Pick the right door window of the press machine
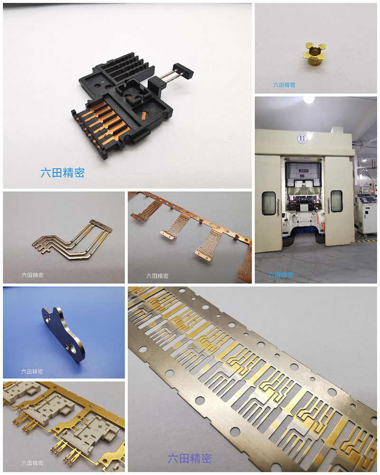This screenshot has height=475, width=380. (x=336, y=201)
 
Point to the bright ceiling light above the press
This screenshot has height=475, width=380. (x=309, y=100)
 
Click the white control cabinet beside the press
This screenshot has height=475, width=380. (x=367, y=214)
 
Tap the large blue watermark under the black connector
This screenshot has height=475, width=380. (x=63, y=172)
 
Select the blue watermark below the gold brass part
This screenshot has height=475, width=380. (x=284, y=85)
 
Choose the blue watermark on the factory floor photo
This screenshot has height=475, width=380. (x=280, y=275)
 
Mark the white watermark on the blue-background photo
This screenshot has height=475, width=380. (x=32, y=371)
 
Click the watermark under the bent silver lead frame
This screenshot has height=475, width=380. (x=32, y=275)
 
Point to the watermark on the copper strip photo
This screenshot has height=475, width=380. (x=157, y=275)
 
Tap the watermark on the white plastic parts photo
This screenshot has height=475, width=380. (x=32, y=463)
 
